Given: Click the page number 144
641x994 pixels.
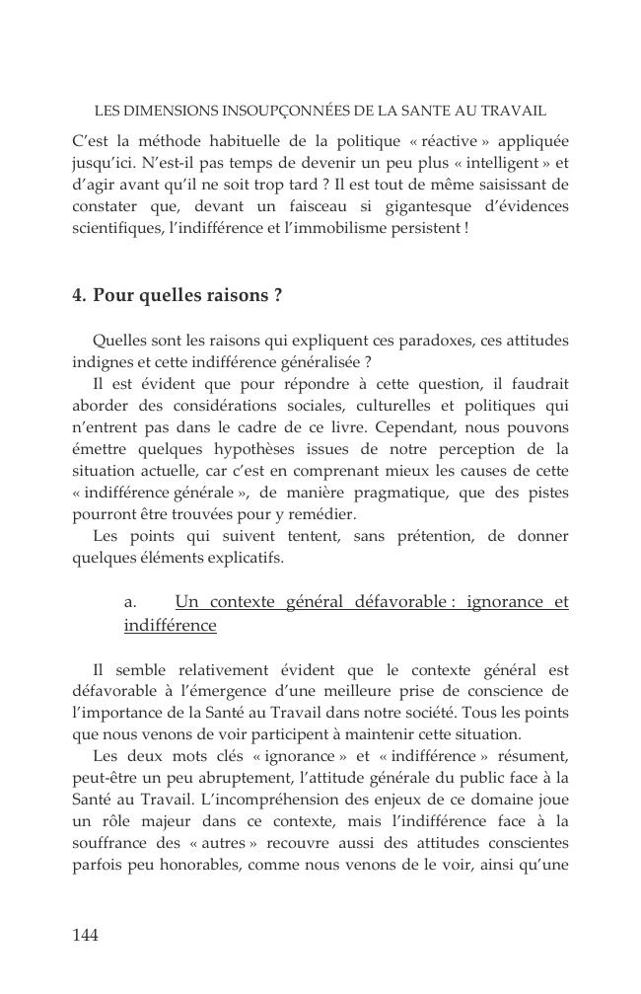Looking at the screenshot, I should coord(86,935).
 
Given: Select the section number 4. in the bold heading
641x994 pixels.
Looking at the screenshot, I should coord(80,295).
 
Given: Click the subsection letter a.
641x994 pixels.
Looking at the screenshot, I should coord(129,602).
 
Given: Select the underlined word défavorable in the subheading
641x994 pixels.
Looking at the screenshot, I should coord(390,602).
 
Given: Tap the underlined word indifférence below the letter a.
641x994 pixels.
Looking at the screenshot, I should coord(170,626).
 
